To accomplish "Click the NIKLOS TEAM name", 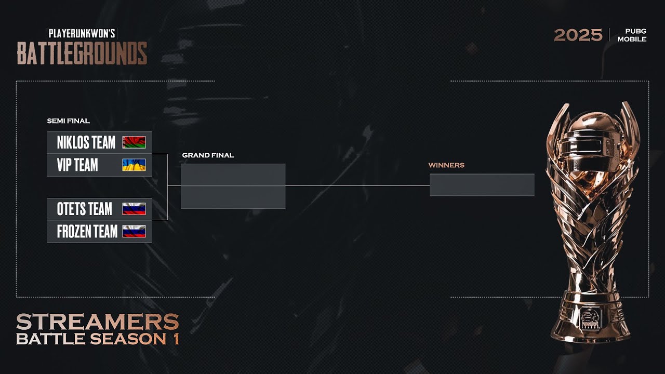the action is [x=86, y=142].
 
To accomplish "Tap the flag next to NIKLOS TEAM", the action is [x=134, y=142].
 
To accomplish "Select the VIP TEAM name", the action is [x=77, y=165].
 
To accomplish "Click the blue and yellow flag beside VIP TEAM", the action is [x=134, y=165].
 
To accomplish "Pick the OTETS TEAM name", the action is [x=85, y=209].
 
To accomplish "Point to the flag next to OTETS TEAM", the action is [x=134, y=209].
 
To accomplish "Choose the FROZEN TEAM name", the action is [x=87, y=232].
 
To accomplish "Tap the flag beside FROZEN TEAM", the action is [x=134, y=232].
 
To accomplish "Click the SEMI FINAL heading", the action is [x=68, y=121].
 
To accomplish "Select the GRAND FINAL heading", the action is [x=208, y=155].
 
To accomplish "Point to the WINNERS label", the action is [x=446, y=165].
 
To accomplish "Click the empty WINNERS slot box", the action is [x=482, y=185].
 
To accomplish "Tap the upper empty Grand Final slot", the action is [x=233, y=175].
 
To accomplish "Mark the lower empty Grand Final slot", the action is [x=233, y=197].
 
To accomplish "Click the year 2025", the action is [x=578, y=35].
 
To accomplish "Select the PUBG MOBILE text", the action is [x=632, y=35].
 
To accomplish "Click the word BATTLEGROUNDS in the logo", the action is [x=82, y=53].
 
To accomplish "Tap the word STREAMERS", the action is [x=98, y=322].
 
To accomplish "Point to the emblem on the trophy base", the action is [x=591, y=318].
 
